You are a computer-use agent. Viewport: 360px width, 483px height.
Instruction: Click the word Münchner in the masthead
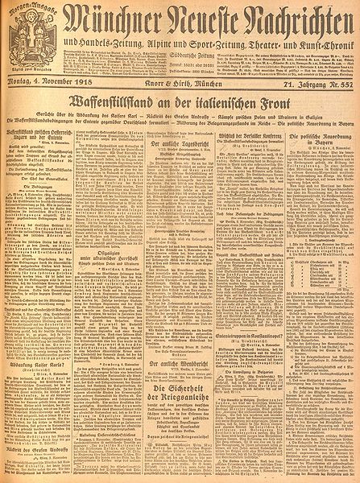coord(108,19)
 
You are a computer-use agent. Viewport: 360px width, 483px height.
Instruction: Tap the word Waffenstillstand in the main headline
coord(116,126)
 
